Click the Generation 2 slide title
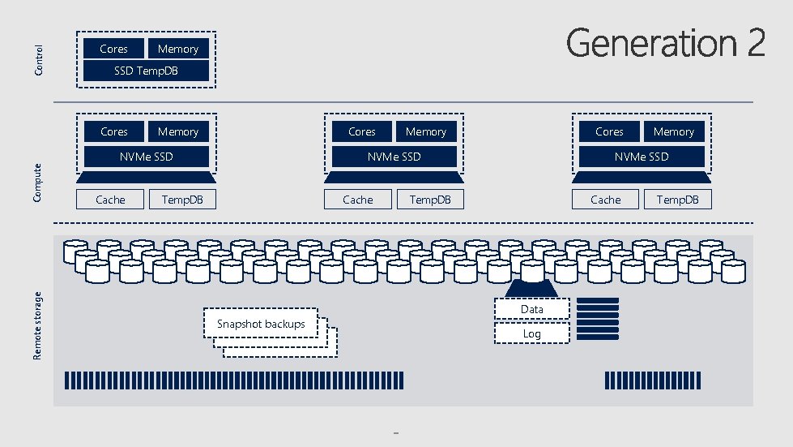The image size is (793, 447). pos(665,43)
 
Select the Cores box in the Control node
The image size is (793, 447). pos(113,49)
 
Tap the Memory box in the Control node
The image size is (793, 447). pos(178,49)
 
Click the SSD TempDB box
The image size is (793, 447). pos(146,71)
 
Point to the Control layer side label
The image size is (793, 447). pos(39,60)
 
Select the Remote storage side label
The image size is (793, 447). pos(37,325)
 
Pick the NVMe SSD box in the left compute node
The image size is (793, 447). pos(146,156)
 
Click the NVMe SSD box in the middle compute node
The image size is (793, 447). pos(394,156)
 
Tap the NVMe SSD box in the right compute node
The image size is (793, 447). pos(641,156)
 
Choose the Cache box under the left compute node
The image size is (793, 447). pos(111,200)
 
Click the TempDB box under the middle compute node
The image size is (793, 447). pos(430,200)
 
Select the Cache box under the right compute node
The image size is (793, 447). pos(605,200)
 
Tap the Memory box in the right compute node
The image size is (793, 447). pos(673,131)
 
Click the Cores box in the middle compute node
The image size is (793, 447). pos(361,131)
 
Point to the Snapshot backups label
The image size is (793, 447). pos(261,325)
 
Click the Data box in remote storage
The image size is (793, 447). pos(532,309)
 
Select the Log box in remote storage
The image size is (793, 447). pos(532,333)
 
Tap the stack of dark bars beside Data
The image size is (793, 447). pos(598,318)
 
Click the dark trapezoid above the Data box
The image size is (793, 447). pos(532,289)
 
